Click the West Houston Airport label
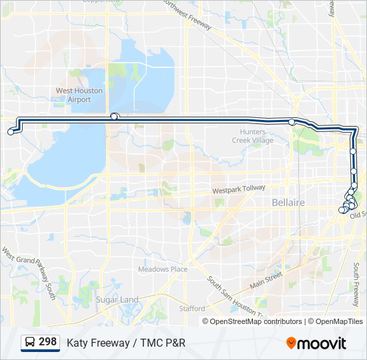tap(79, 95)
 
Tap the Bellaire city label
tap(288, 202)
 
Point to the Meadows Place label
tap(162, 269)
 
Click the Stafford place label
tap(192, 309)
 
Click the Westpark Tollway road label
tap(238, 190)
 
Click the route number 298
tap(47, 342)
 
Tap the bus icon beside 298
tap(30, 343)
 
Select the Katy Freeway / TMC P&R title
tap(125, 343)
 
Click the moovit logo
tap(316, 343)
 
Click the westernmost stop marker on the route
tap(11, 132)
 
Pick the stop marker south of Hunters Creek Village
tap(292, 122)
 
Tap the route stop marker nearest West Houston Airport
tap(114, 116)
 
